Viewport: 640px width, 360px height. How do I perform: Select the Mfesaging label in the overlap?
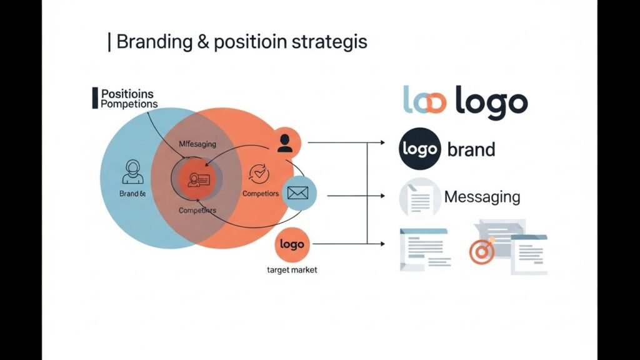197,144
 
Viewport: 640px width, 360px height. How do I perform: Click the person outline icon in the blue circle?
132,171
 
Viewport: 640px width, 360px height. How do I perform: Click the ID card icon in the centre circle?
197,179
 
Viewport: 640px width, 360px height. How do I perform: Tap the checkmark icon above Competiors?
258,173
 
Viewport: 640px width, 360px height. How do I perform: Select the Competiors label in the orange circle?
261,194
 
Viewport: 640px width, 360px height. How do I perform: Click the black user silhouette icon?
285,143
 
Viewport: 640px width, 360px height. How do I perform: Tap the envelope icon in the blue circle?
299,194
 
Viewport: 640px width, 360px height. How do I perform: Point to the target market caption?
292,270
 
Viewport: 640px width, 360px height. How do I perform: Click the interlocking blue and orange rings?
424,102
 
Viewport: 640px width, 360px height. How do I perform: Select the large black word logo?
491,102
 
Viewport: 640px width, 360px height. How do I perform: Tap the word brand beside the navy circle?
471,150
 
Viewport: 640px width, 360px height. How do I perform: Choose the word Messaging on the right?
482,197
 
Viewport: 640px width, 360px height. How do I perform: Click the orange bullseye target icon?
482,251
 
